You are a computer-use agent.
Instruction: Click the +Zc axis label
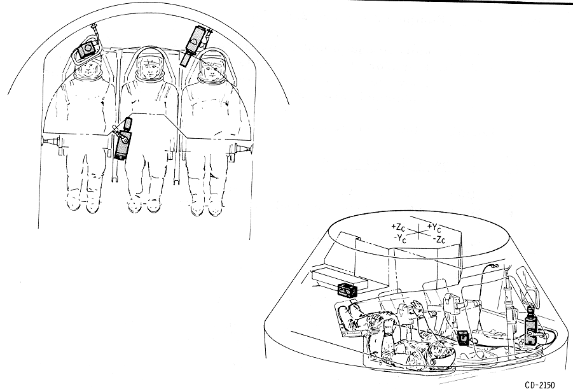(397, 226)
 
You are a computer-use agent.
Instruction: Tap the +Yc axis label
(434, 228)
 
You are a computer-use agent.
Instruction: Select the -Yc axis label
(400, 239)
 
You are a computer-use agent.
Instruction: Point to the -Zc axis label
(439, 240)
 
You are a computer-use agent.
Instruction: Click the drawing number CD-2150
(540, 385)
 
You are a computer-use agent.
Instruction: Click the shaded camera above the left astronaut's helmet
(88, 49)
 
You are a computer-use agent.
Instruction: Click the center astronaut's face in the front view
(148, 68)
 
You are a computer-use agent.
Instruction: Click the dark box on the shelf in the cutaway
(347, 289)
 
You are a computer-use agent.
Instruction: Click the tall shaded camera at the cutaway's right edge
(530, 327)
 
